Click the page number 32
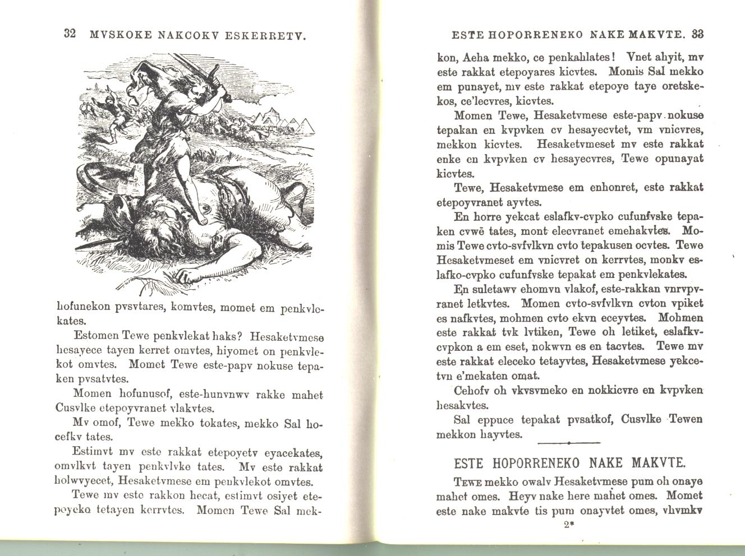[70, 34]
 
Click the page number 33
[697, 34]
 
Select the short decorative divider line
[568, 443]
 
